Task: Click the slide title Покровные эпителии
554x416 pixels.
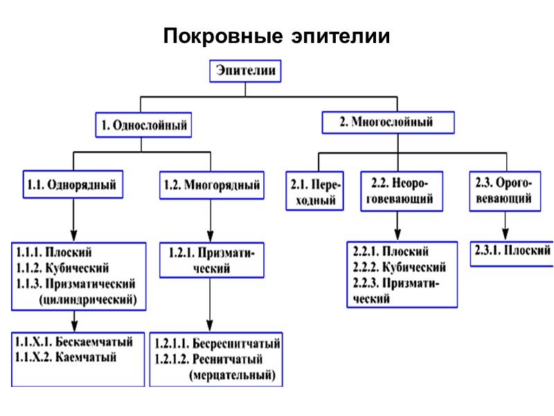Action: point(277,35)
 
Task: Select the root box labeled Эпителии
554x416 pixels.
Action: point(247,71)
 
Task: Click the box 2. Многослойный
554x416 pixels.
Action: point(387,123)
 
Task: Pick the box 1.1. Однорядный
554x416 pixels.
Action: point(71,185)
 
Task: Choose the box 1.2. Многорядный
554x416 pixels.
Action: point(211,185)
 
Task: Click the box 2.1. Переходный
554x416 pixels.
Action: point(315,192)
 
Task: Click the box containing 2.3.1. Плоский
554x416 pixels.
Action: point(511,250)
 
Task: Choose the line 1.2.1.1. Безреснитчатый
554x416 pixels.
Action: point(217,344)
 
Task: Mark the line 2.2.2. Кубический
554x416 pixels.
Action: point(399,267)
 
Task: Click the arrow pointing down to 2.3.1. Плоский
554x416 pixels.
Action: point(504,225)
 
